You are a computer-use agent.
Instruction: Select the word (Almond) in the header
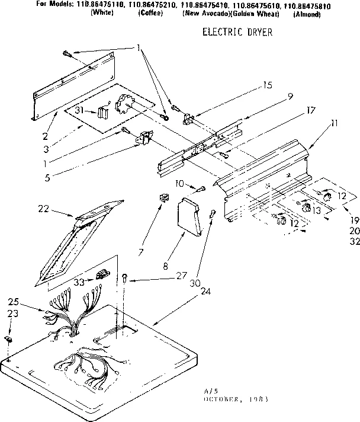[x=306, y=14]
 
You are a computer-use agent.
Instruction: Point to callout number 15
[x=268, y=85]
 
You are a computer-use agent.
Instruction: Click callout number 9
[x=274, y=96]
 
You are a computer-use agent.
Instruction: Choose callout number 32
[x=353, y=242]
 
